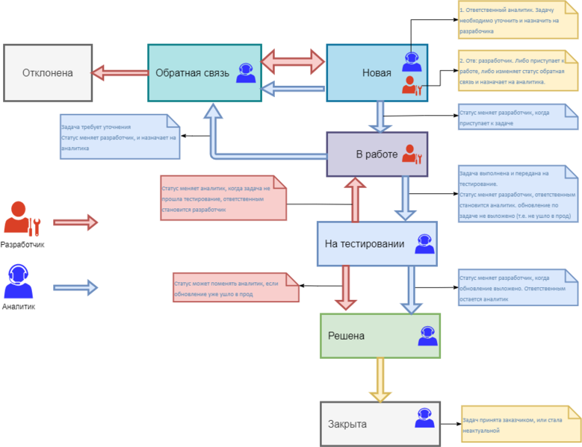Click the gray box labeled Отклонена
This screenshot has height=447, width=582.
point(48,72)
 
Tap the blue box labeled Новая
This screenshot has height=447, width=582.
point(377,72)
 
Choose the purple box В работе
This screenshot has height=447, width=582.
point(377,154)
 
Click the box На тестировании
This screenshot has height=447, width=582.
point(377,244)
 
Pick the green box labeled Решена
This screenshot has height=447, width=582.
point(380,336)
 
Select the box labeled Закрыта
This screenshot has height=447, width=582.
point(380,423)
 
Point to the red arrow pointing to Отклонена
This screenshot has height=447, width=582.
point(120,72)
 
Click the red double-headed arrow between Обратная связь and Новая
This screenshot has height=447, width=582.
point(294,60)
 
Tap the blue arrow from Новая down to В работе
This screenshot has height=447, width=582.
point(380,116)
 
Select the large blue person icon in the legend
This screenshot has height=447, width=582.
point(18,281)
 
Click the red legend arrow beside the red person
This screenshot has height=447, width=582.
point(75,222)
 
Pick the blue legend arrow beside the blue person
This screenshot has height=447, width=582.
point(75,287)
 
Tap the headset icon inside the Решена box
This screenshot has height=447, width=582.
point(427,336)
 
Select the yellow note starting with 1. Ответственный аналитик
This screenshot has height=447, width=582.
point(518,20)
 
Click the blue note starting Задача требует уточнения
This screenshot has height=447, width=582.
point(120,137)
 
